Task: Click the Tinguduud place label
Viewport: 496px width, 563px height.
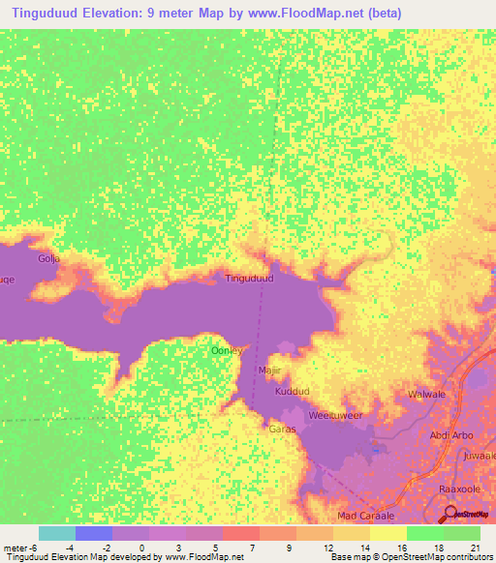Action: [249, 279]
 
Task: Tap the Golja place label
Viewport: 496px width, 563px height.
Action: [48, 259]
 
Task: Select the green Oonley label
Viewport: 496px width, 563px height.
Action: [226, 350]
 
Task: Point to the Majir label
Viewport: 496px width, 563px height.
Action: [268, 370]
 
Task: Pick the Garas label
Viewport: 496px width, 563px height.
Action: [282, 429]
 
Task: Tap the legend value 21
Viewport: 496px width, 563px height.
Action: [475, 548]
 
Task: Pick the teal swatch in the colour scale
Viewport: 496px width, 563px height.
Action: [57, 533]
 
